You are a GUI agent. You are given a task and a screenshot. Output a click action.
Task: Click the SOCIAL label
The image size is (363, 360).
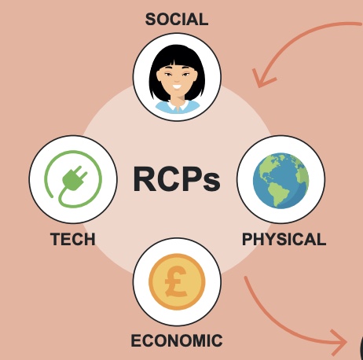(177, 20)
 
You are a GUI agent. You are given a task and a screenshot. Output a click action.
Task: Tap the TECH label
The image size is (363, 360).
(73, 239)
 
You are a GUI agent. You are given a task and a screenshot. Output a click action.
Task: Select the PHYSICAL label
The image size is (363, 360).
(284, 239)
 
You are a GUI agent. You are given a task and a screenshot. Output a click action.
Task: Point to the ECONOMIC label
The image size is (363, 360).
(177, 340)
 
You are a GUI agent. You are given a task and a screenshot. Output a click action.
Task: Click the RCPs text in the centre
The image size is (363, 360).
(177, 180)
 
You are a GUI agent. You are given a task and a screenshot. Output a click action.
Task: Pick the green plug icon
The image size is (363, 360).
(73, 179)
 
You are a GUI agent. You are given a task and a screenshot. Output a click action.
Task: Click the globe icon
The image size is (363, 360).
(281, 181)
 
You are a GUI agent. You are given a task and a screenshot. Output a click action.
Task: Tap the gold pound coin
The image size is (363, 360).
(177, 281)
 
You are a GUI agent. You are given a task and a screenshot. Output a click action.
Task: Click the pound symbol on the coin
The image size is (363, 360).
(176, 281)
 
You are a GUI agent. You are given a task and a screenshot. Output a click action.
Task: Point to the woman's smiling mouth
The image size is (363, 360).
(177, 86)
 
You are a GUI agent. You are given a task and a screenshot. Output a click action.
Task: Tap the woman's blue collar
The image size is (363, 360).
(178, 107)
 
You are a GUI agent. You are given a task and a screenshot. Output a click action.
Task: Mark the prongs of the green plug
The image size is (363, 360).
(82, 171)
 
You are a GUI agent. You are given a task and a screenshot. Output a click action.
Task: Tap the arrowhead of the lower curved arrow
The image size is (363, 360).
(339, 343)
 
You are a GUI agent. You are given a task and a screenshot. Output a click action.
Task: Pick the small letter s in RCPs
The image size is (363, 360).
(211, 182)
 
